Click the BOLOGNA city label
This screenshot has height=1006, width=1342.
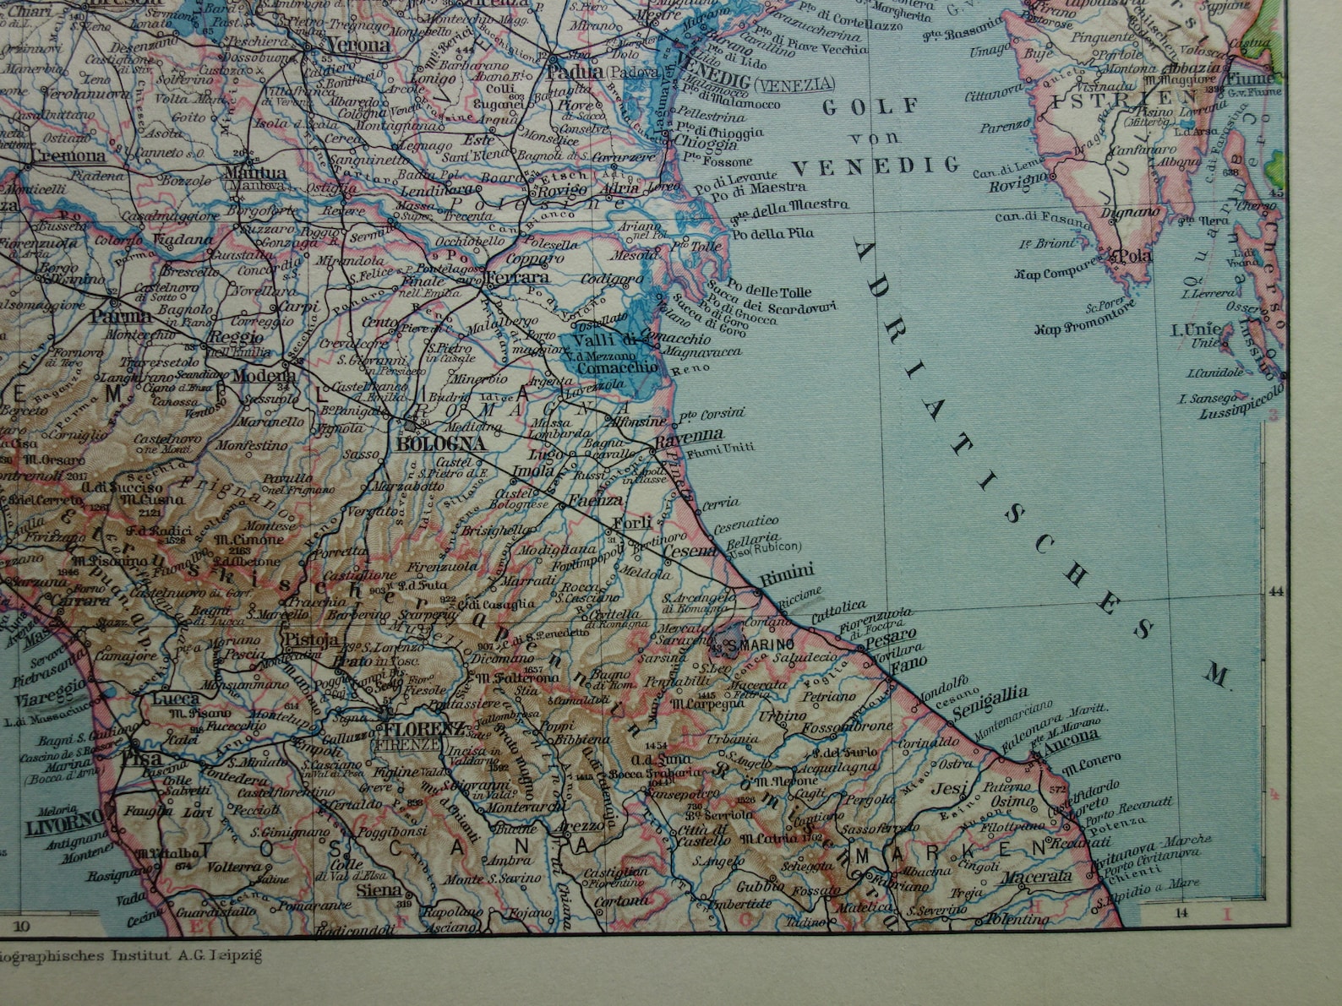[440, 444]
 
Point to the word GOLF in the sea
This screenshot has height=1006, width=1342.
[870, 107]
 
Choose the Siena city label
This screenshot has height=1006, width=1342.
[379, 889]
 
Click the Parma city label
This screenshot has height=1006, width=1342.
[121, 317]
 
